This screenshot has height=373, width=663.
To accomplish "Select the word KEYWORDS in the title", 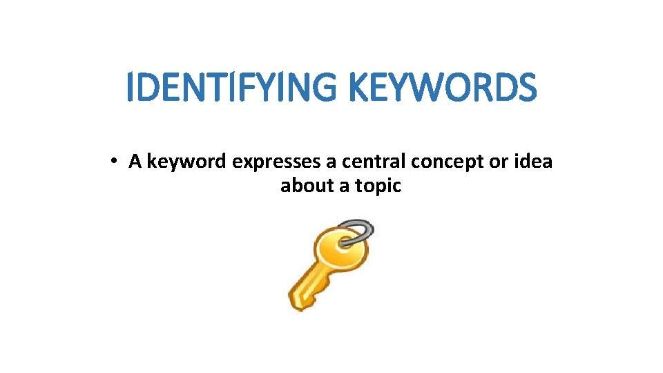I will (442, 88).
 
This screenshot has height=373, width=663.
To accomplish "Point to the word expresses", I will (276, 162).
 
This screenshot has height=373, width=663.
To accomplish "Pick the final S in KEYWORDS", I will (526, 88).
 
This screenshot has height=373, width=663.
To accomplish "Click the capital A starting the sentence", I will (135, 162).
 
